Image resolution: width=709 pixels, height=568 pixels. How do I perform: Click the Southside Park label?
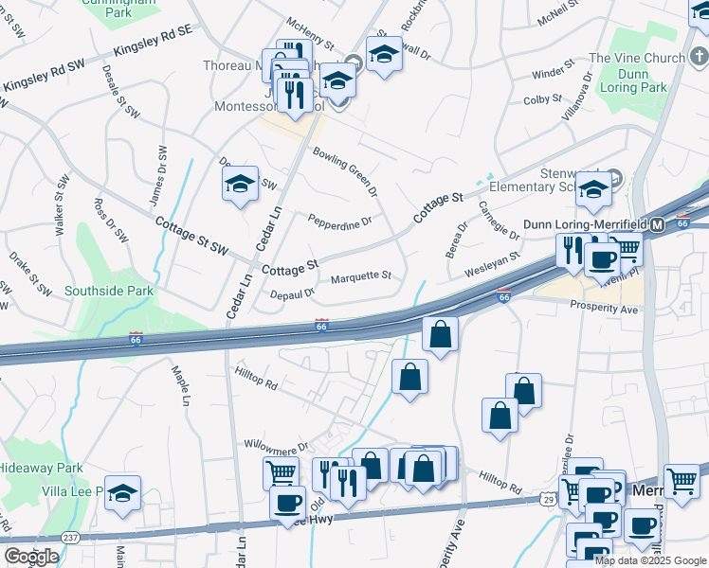[101, 292]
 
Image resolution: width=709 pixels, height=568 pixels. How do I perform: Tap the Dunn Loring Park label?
[642, 80]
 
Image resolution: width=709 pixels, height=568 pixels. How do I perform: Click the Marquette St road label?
[361, 276]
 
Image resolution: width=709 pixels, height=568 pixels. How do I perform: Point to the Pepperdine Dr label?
[339, 221]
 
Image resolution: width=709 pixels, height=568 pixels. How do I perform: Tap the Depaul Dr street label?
[292, 293]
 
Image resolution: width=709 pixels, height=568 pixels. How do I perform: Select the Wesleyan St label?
[492, 264]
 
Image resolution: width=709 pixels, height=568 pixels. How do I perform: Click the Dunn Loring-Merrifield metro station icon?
[657, 224]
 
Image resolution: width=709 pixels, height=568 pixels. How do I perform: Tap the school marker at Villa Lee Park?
[123, 492]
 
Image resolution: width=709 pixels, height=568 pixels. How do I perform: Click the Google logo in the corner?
[30, 557]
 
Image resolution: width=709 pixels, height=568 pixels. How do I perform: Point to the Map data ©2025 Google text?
[650, 560]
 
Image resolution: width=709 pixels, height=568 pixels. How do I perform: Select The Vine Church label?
[637, 58]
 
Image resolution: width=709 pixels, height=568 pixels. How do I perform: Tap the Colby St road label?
[543, 98]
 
